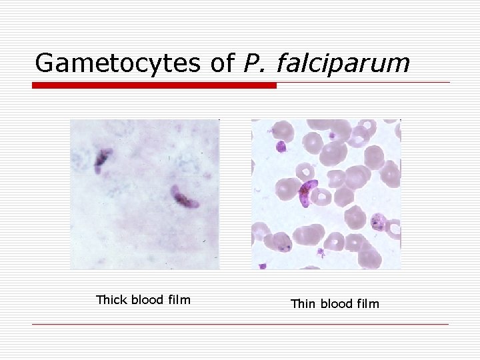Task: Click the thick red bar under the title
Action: (154, 85)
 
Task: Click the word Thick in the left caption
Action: (111, 300)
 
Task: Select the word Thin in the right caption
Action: (303, 304)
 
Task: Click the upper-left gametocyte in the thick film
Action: (102, 160)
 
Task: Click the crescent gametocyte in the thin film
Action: (309, 191)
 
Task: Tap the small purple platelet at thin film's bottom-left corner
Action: (262, 266)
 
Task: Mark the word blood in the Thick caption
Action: (147, 300)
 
